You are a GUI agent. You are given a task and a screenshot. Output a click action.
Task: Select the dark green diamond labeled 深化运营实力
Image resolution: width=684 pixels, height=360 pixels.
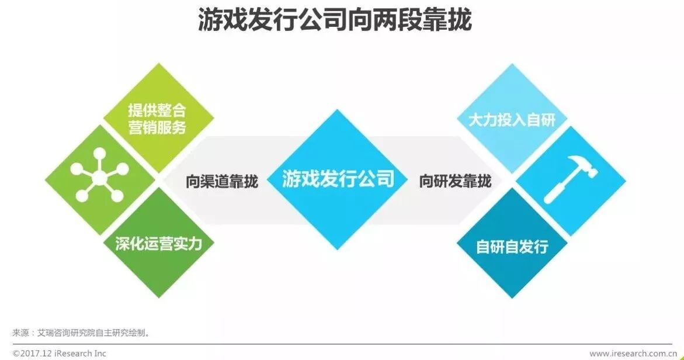[x=158, y=243]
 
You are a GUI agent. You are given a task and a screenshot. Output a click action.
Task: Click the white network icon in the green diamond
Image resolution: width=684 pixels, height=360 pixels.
[x=99, y=175]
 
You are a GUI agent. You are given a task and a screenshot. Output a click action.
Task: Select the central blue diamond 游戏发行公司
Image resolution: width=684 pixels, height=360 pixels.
[x=338, y=179]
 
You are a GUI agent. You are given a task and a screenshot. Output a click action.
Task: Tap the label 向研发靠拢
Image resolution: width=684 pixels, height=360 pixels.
[x=455, y=181]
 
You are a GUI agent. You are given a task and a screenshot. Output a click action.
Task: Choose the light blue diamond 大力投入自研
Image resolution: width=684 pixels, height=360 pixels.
[x=512, y=120]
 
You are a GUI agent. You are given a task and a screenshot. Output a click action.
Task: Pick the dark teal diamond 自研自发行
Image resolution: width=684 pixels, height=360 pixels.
[x=512, y=246]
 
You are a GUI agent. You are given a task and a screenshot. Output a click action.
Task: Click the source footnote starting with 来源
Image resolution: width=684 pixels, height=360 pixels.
[x=82, y=333]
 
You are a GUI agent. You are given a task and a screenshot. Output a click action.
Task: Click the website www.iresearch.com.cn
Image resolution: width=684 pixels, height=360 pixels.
[x=634, y=353]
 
